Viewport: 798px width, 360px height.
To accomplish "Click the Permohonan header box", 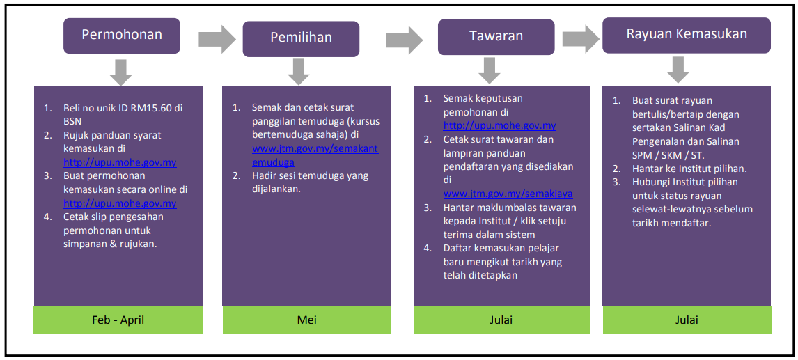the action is click(x=122, y=36).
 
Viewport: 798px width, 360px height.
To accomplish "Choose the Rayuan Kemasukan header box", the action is click(x=687, y=35).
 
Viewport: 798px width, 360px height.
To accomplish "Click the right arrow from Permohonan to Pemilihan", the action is click(x=217, y=38).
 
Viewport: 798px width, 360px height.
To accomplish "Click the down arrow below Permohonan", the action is click(x=120, y=72).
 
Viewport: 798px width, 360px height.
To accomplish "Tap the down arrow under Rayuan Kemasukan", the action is click(x=678, y=70).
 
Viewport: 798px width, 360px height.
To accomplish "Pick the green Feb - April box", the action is click(x=118, y=320).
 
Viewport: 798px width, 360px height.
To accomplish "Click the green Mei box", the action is click(x=306, y=320).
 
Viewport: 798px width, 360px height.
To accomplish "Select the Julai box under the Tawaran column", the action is click(x=501, y=320).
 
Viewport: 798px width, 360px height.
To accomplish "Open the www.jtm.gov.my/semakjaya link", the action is click(x=508, y=194).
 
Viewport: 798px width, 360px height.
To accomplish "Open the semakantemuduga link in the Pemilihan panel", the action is click(x=315, y=156).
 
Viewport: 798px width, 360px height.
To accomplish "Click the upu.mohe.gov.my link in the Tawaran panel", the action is click(x=499, y=125).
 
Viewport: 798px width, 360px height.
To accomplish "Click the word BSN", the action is click(x=73, y=123).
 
